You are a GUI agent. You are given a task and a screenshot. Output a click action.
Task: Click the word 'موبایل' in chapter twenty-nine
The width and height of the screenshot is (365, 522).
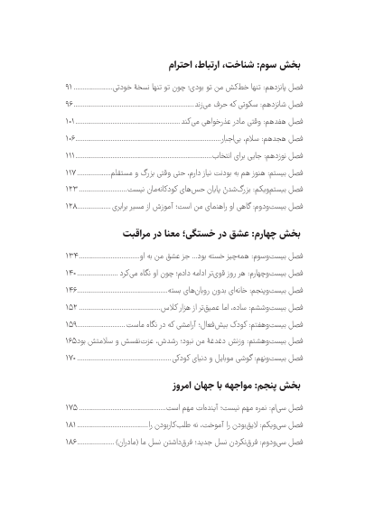pyautogui.click(x=221, y=359)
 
